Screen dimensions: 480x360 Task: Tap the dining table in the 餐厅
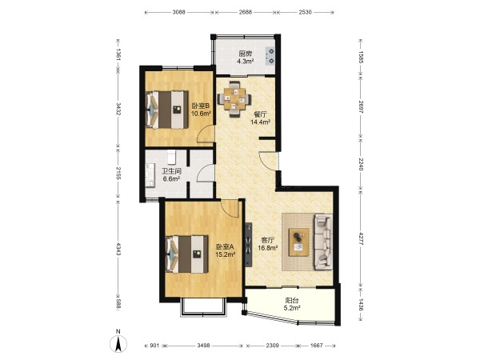234,99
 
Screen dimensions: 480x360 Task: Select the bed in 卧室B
167,110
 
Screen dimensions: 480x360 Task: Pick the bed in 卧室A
186,254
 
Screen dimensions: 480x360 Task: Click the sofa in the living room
323,242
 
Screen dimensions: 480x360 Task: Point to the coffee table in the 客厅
298,242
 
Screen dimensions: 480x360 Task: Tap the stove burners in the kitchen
270,56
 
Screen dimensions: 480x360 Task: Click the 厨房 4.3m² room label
246,58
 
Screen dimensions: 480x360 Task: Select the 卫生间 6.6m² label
171,175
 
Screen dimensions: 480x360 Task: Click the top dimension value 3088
178,12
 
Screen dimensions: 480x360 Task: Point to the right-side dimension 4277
361,238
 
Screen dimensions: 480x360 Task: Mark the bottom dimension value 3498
203,346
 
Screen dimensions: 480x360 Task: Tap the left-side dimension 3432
118,109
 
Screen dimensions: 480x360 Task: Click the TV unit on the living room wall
248,244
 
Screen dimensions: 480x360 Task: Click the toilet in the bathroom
171,157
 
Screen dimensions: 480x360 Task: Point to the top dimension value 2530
306,12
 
